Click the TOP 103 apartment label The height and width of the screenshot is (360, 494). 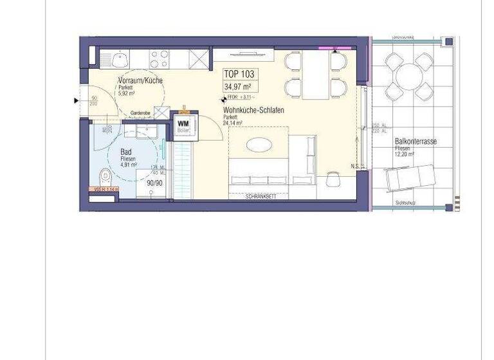click(x=238, y=74)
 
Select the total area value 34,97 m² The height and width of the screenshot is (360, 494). click(x=237, y=86)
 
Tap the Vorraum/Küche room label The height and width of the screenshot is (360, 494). click(x=140, y=80)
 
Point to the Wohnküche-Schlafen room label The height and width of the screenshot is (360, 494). click(x=253, y=111)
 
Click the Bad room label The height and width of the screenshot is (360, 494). click(x=126, y=152)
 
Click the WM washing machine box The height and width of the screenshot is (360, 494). click(x=183, y=123)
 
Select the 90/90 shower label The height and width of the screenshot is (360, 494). click(x=154, y=183)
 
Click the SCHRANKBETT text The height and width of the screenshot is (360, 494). click(x=261, y=196)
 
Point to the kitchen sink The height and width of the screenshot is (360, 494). click(x=121, y=60)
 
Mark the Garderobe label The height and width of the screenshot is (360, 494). click(x=140, y=113)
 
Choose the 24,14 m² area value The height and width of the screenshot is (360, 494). click(x=232, y=123)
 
